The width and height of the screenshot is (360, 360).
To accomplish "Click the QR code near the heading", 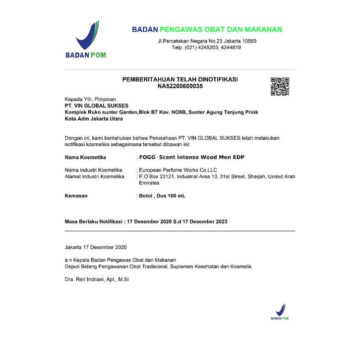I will (x=280, y=86).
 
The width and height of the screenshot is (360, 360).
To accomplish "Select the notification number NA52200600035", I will (x=180, y=86).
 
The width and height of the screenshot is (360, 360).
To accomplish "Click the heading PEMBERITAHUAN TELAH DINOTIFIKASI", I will (x=180, y=79).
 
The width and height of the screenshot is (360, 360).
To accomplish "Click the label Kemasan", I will (x=76, y=196).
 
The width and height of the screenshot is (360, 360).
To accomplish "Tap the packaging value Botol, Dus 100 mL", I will (x=162, y=196).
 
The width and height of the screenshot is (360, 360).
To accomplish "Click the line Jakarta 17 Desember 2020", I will (x=96, y=246).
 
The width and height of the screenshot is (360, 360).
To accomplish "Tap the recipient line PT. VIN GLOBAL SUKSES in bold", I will (x=97, y=106).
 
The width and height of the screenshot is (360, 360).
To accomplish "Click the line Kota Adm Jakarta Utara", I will (x=94, y=119).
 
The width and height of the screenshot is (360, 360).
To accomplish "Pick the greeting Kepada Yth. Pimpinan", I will (x=90, y=99).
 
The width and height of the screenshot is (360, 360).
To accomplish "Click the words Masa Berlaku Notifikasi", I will (x=94, y=221).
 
